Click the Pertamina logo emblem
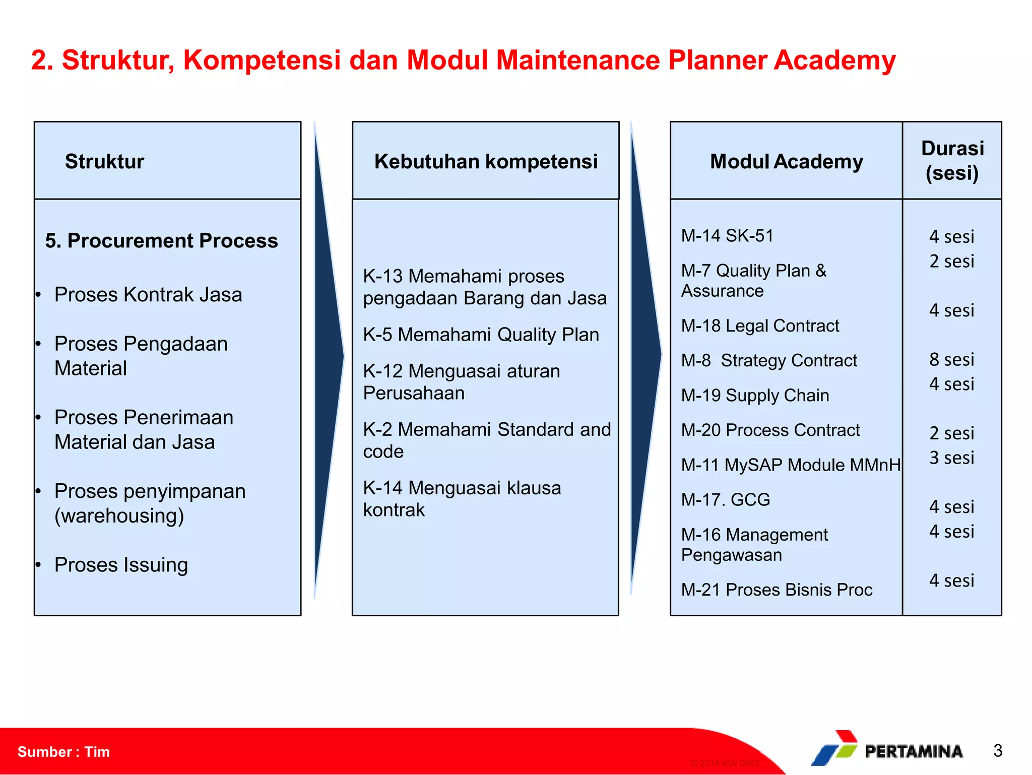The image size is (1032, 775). click(x=835, y=748)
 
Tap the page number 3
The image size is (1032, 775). click(x=997, y=750)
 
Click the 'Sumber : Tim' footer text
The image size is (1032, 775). click(x=63, y=751)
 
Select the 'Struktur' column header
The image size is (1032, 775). click(x=104, y=161)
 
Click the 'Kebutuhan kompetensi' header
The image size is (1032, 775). click(x=485, y=161)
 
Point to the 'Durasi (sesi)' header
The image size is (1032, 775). click(x=952, y=160)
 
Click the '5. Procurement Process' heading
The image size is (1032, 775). click(x=161, y=240)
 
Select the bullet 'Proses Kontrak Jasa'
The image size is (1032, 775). click(x=148, y=294)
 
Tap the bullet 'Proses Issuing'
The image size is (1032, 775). click(x=121, y=564)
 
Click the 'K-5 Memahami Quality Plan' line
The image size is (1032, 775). click(x=481, y=335)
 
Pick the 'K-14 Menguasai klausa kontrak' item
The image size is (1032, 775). click(x=462, y=498)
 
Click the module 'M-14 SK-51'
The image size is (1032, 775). click(x=727, y=235)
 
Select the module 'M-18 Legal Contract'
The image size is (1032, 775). click(x=759, y=326)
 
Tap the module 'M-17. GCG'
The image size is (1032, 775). click(x=725, y=499)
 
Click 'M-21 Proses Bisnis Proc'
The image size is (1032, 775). click(x=776, y=589)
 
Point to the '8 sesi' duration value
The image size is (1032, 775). click(x=951, y=359)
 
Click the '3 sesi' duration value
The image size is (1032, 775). click(x=951, y=458)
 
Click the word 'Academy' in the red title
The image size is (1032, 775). click(x=834, y=60)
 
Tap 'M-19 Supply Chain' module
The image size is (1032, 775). click(x=754, y=395)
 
